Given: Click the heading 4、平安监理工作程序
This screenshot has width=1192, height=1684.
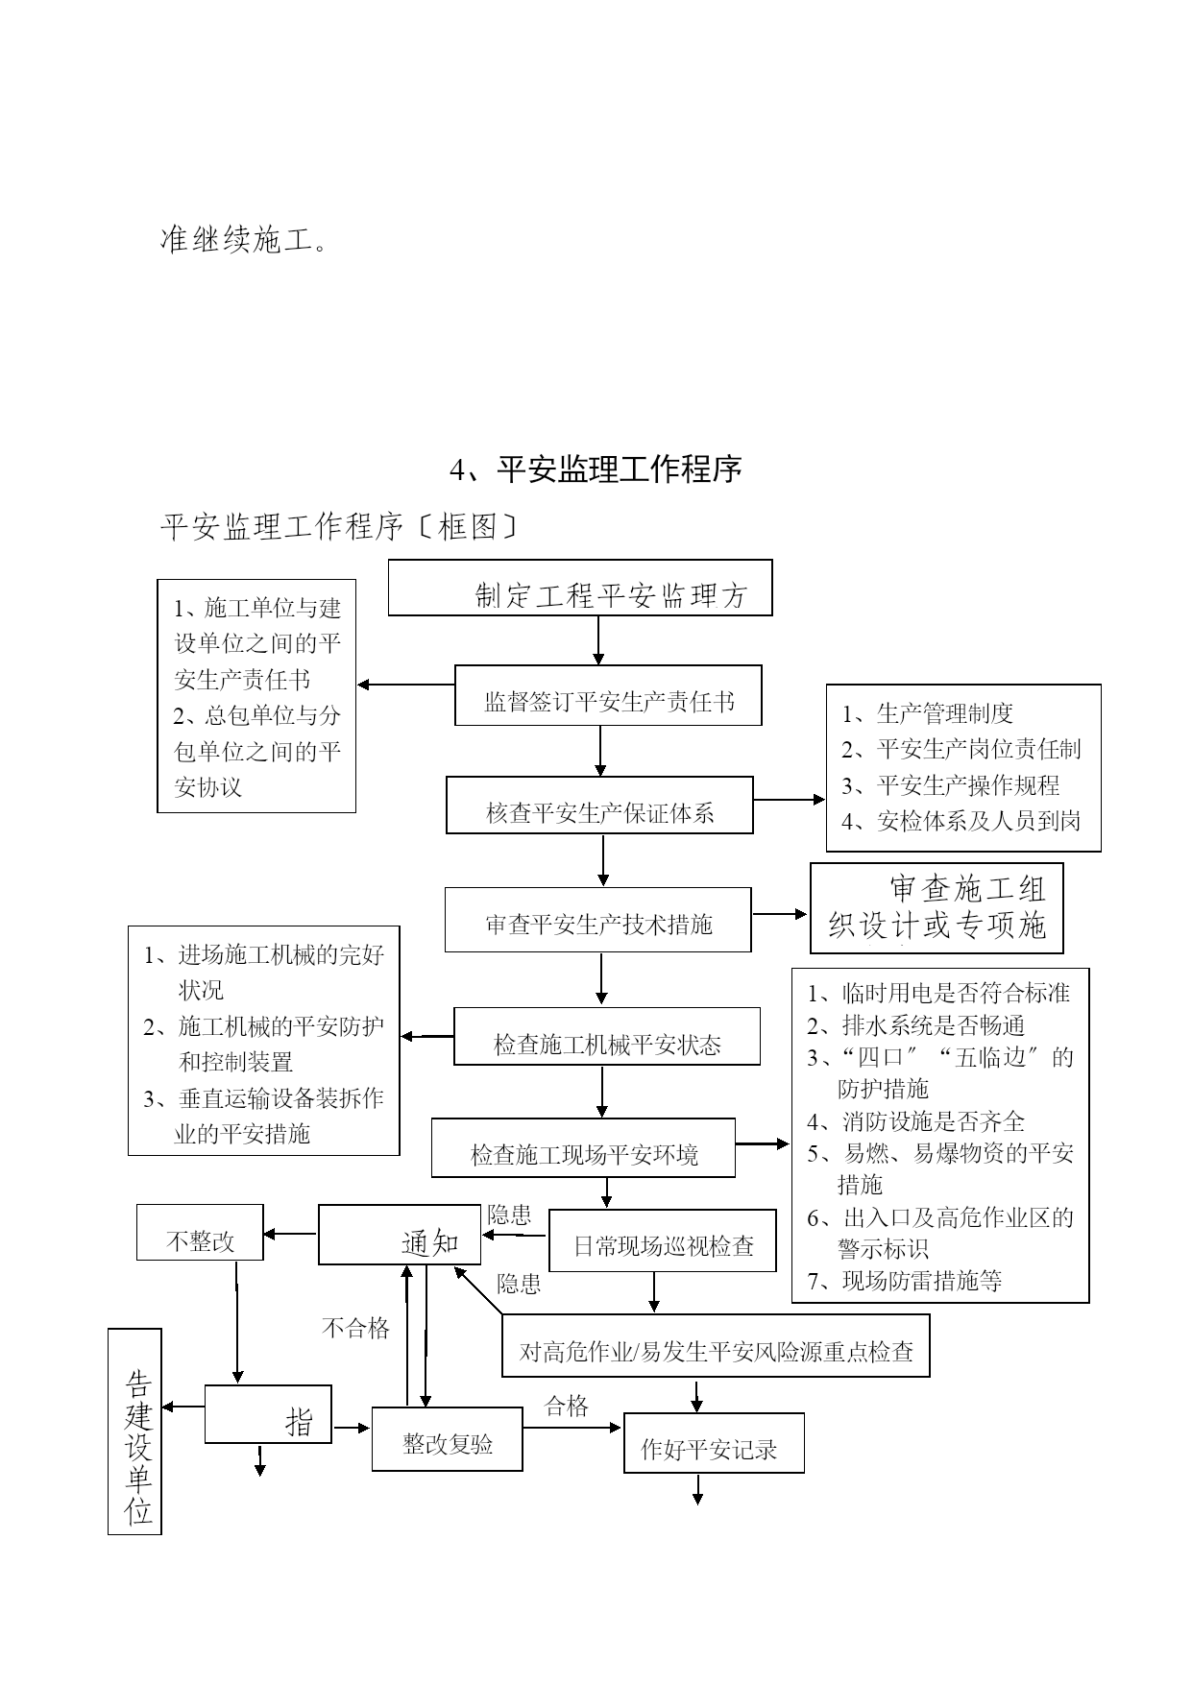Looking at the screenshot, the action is pyautogui.click(x=596, y=469).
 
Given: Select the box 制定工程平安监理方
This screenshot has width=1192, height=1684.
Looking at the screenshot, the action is pyautogui.click(x=580, y=588).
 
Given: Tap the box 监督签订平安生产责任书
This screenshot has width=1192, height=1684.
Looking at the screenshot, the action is pyautogui.click(x=608, y=695).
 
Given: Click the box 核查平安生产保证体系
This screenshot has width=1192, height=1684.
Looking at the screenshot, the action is pyautogui.click(x=599, y=805).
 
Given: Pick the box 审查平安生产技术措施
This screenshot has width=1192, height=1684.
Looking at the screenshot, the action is pyautogui.click(x=597, y=920).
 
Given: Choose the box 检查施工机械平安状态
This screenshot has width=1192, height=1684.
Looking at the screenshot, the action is pyautogui.click(x=607, y=1036).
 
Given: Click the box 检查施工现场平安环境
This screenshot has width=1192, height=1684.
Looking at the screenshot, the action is pyautogui.click(x=583, y=1147).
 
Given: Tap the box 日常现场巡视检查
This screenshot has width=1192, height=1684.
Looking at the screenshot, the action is pyautogui.click(x=663, y=1240).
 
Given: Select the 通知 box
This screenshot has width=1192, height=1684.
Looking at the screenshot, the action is pyautogui.click(x=400, y=1235).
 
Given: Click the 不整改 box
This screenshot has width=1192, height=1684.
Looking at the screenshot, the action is pyautogui.click(x=200, y=1233).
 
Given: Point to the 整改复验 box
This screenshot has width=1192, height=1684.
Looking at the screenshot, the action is pyautogui.click(x=448, y=1438).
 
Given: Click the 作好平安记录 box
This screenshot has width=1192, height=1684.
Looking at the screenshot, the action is pyautogui.click(x=714, y=1443).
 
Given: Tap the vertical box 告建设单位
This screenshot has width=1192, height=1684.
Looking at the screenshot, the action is pyautogui.click(x=134, y=1431).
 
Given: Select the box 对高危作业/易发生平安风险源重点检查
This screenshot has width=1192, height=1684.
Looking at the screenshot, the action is pyautogui.click(x=716, y=1345).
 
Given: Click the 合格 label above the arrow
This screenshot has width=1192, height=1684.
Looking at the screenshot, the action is pyautogui.click(x=567, y=1407).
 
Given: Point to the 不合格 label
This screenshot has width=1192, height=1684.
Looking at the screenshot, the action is pyautogui.click(x=355, y=1328).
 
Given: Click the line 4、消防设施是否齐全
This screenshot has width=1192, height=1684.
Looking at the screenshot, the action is pyautogui.click(x=916, y=1121).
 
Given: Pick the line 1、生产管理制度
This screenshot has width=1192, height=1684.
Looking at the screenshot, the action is pyautogui.click(x=928, y=713).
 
